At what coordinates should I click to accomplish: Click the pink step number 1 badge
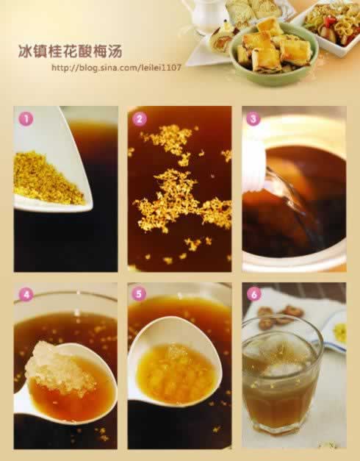[x=26, y=119]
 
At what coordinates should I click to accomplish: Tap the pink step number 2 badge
[x=140, y=119]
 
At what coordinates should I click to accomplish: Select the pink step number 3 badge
[x=253, y=119]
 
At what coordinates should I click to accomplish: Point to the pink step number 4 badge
[x=26, y=294]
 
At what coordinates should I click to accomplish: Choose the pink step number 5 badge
[x=140, y=294]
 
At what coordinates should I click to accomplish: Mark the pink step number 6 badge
[x=254, y=294]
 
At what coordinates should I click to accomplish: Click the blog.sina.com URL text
[x=116, y=68]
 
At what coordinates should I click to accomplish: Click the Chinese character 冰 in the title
[x=25, y=51]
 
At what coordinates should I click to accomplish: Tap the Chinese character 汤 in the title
[x=115, y=51]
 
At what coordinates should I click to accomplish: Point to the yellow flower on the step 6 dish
[x=340, y=332]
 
